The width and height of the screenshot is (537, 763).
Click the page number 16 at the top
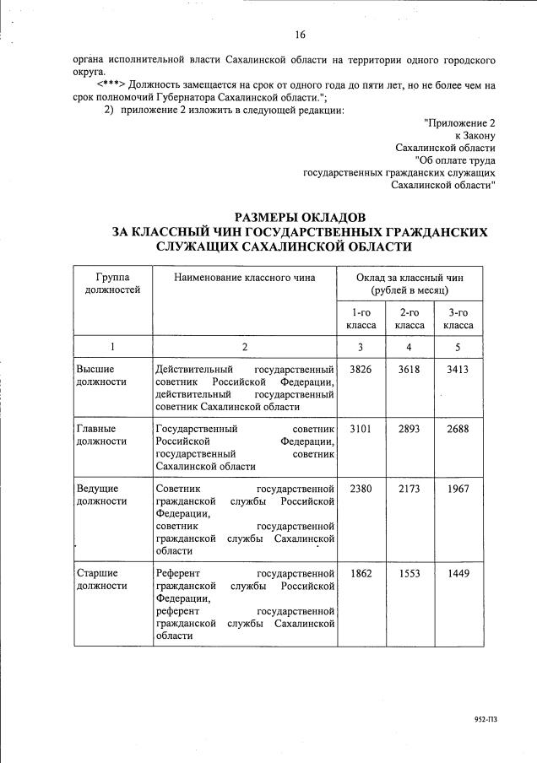301,35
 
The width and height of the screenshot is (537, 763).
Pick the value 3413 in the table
458,370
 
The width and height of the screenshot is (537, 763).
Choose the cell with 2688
458,429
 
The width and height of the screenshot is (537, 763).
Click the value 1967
458,489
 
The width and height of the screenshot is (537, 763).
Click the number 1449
458,574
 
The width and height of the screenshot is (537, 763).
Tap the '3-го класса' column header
458,318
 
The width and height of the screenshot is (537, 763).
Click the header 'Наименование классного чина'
244,277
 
